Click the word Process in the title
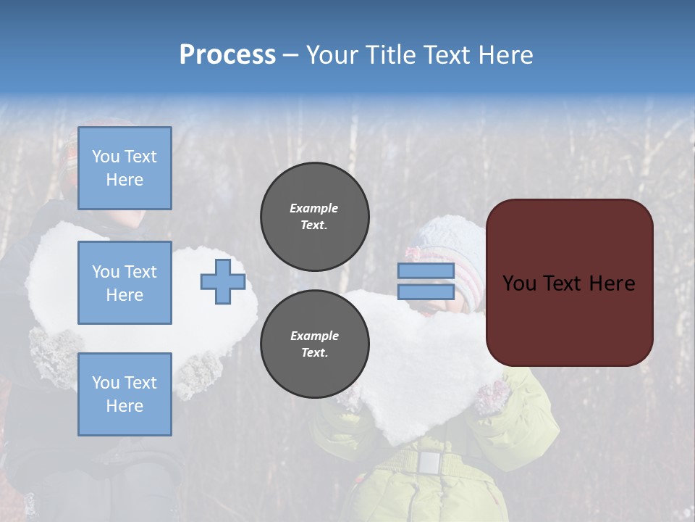coord(227,55)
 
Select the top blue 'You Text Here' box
coord(125,168)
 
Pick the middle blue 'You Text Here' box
coord(125,283)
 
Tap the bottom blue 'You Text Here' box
coord(125,394)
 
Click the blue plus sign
coord(223,281)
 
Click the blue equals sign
coord(426,281)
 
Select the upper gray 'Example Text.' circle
coord(314,217)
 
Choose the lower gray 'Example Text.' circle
coord(314,344)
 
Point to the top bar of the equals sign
coord(426,271)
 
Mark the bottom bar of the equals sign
coord(426,291)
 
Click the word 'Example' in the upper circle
coord(314,208)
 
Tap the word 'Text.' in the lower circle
coord(314,353)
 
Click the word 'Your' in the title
coord(332,55)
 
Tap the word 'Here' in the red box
coord(612,283)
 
